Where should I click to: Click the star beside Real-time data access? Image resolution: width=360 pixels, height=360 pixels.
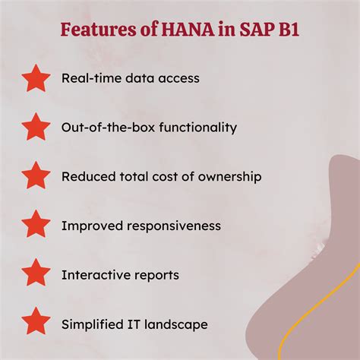36,77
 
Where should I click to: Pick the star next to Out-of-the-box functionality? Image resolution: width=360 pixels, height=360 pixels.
36,127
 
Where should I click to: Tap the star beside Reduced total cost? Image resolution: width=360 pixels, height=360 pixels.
36,176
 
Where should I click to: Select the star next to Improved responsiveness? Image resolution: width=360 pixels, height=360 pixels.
36,226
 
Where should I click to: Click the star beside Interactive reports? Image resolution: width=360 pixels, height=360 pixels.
36,274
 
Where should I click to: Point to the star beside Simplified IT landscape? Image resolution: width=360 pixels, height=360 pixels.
36,324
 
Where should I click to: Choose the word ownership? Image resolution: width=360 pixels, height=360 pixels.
228,176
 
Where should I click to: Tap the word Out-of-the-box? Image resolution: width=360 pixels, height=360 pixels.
104,127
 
